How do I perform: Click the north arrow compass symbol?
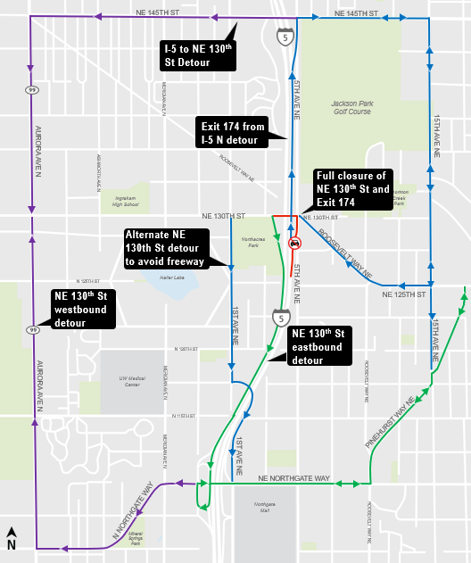[12, 539]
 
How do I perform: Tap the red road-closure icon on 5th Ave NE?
[294, 243]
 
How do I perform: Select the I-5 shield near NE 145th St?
[283, 37]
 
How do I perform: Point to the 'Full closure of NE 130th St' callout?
[351, 189]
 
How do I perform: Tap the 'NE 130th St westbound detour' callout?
[81, 309]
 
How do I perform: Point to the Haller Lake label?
[170, 277]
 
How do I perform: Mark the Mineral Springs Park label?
[143, 536]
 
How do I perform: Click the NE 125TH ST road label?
[405, 294]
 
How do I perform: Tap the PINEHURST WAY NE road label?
[391, 422]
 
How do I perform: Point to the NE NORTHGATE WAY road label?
[293, 479]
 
